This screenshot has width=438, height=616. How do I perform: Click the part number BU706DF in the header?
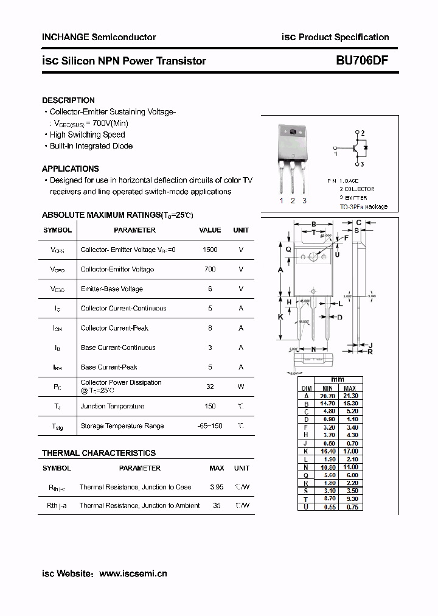tap(362, 61)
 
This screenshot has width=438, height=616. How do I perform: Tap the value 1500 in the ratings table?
tap(210, 250)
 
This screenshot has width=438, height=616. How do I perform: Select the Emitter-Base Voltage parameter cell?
tap(111, 289)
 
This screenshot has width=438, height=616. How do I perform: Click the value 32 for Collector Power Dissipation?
tap(210, 386)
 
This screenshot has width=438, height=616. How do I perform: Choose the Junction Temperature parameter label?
tap(113, 406)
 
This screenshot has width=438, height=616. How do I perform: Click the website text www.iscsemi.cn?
tap(133, 573)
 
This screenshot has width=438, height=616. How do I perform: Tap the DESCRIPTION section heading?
tap(68, 100)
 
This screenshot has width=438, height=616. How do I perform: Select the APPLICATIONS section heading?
tap(70, 169)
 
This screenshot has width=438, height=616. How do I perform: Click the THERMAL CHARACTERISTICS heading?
tap(99, 453)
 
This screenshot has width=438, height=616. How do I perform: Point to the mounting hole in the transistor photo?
tap(293, 133)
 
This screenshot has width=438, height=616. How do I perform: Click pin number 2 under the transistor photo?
tap(293, 201)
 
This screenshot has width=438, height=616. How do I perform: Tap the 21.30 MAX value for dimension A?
tap(350, 395)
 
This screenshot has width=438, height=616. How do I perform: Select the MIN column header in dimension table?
tap(327, 388)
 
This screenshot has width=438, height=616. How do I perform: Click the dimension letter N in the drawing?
tap(313, 349)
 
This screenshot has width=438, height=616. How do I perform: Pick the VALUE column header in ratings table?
tap(210, 230)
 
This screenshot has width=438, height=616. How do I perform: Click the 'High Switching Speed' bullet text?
tap(87, 135)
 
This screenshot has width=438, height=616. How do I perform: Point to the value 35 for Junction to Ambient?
tap(217, 505)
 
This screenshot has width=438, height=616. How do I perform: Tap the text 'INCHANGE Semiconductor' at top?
tap(99, 37)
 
